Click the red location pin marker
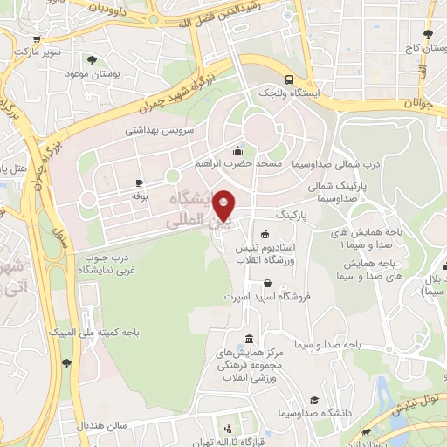click(224, 205)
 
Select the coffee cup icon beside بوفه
click(139, 182)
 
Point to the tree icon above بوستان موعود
click(92, 60)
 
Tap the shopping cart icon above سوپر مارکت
click(34, 40)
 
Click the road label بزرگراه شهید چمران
click(181, 97)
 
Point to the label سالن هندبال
click(105, 425)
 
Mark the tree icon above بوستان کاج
click(427, 35)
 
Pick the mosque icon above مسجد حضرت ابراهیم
click(238, 149)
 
